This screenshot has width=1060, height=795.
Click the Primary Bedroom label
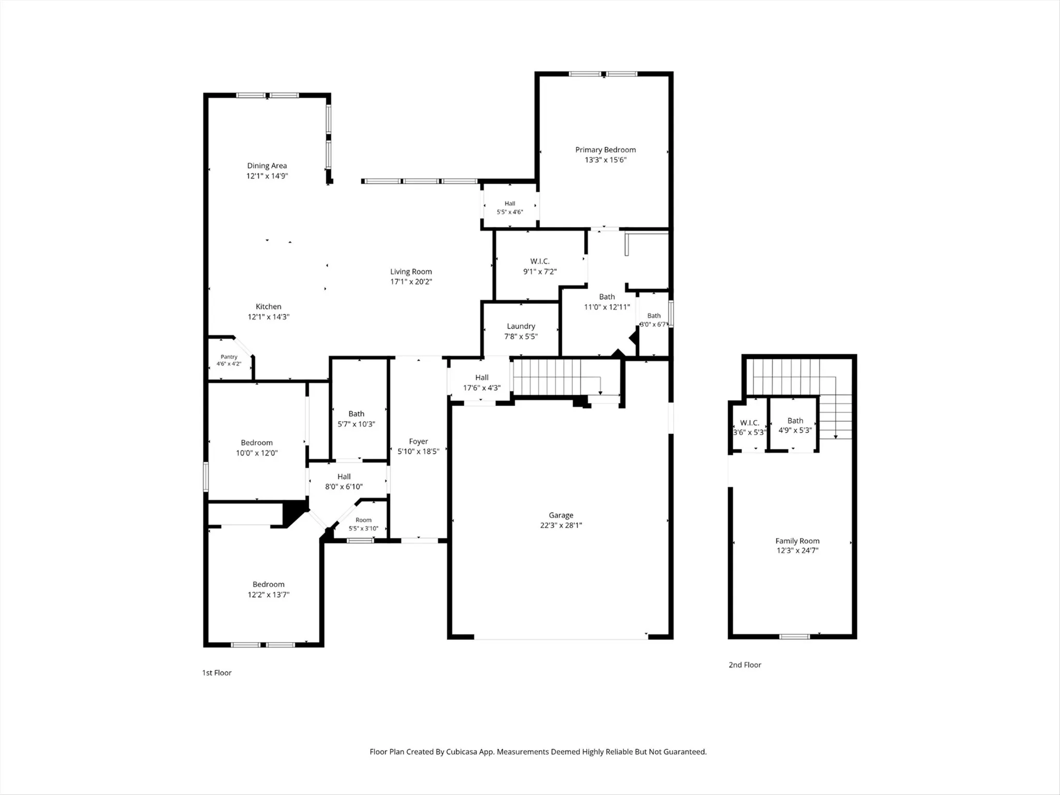pyautogui.click(x=606, y=150)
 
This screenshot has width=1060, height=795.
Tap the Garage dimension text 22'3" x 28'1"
pyautogui.click(x=561, y=525)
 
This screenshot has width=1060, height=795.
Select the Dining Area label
pyautogui.click(x=267, y=166)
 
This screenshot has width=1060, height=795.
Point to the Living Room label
pyautogui.click(x=411, y=272)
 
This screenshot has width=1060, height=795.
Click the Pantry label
pyautogui.click(x=229, y=357)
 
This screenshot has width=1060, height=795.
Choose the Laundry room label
pyautogui.click(x=521, y=326)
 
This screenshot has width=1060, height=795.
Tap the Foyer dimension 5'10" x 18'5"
pyautogui.click(x=418, y=451)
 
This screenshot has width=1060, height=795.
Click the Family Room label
pyautogui.click(x=798, y=541)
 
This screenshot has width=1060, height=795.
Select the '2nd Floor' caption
pyautogui.click(x=745, y=665)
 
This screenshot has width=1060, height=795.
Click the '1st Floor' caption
pyautogui.click(x=217, y=673)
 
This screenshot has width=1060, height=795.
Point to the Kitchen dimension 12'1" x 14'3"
pyautogui.click(x=269, y=317)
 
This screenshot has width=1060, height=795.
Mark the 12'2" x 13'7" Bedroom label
pyautogui.click(x=269, y=584)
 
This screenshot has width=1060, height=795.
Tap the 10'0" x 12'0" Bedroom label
pyautogui.click(x=257, y=443)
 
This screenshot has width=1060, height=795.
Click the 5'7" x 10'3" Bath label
pyautogui.click(x=356, y=414)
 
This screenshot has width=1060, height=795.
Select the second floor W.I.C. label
pyautogui.click(x=749, y=423)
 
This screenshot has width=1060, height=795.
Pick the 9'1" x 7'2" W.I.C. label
pyautogui.click(x=540, y=261)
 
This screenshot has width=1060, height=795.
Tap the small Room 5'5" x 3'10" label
pyautogui.click(x=363, y=520)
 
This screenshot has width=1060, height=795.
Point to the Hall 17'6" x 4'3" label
pyautogui.click(x=482, y=378)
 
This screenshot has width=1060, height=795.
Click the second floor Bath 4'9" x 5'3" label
pyautogui.click(x=796, y=421)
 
